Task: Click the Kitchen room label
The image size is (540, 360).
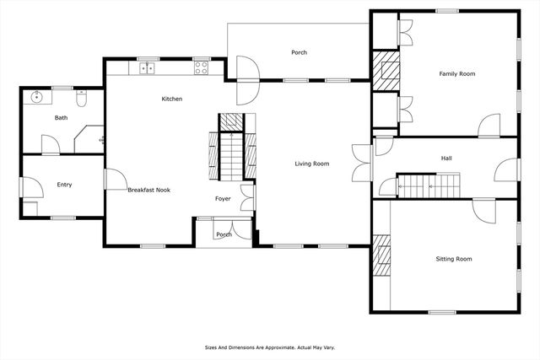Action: [x=172, y=99]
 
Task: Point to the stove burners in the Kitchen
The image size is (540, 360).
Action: [x=202, y=68]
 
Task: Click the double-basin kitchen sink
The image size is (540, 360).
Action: [x=148, y=68]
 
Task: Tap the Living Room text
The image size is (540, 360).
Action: [x=311, y=164]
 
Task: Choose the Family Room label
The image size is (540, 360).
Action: [x=456, y=74]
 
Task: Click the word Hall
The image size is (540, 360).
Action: [x=446, y=158]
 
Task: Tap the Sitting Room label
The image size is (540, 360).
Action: [x=453, y=259]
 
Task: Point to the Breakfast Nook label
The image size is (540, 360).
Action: [x=148, y=191]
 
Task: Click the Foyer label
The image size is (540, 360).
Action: [x=223, y=199]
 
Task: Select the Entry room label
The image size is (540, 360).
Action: [x=64, y=184]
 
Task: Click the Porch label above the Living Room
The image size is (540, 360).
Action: [x=299, y=52]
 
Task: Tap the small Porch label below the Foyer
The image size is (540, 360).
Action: [x=224, y=234]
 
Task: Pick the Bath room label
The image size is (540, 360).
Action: [x=61, y=118]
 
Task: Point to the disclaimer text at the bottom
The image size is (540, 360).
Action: [x=269, y=346]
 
